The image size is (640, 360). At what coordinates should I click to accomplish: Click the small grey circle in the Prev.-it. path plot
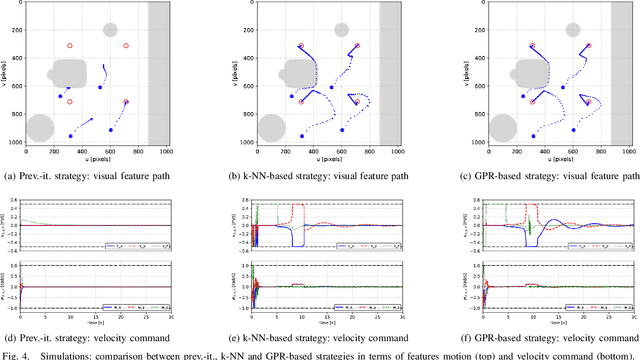click(x=110, y=31)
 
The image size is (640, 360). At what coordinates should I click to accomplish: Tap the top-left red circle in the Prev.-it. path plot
click(x=70, y=46)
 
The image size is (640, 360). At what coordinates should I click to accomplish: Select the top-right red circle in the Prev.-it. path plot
click(x=126, y=46)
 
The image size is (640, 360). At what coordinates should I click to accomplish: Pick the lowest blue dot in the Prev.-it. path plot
click(x=70, y=136)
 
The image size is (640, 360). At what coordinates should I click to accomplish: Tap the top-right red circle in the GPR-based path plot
click(x=590, y=46)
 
